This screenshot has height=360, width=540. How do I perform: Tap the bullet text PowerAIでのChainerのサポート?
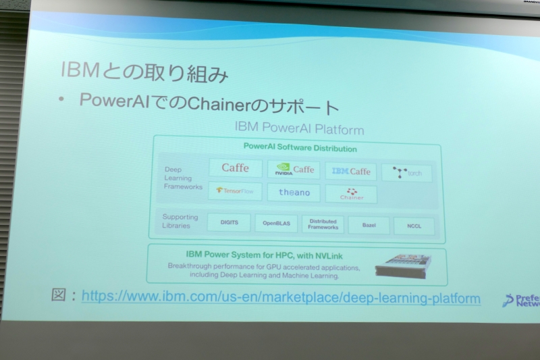(x=208, y=105)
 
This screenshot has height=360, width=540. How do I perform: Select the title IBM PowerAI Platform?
(x=299, y=129)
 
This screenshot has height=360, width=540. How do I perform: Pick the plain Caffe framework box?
(x=235, y=168)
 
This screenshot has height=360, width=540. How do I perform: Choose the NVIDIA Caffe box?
(x=294, y=170)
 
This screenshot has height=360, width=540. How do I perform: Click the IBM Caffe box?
(x=350, y=172)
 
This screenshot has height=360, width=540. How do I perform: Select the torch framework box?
(x=406, y=173)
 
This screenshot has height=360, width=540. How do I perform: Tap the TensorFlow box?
(x=234, y=190)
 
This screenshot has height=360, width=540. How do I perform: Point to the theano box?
(x=294, y=192)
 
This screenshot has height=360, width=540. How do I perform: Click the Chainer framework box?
(x=351, y=194)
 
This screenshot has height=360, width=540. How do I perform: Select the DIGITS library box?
(x=228, y=222)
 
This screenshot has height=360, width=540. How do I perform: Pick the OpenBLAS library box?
(x=275, y=224)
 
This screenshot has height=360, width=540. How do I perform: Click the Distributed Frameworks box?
(x=323, y=224)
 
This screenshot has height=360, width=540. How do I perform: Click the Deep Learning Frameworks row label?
(x=182, y=178)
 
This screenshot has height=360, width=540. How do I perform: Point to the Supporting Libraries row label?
(x=180, y=221)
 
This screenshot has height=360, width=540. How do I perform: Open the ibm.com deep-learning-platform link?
(x=281, y=297)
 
